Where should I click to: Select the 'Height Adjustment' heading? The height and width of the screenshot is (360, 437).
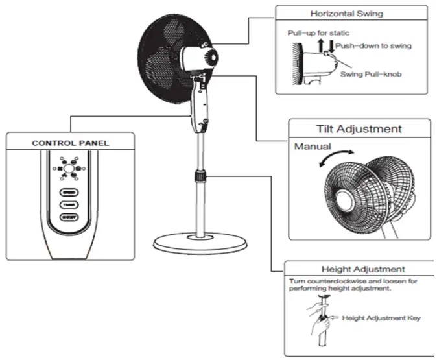[363, 269]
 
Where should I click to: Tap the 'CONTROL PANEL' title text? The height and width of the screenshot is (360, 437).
[71, 142]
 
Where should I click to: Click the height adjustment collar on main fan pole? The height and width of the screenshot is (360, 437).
[200, 175]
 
